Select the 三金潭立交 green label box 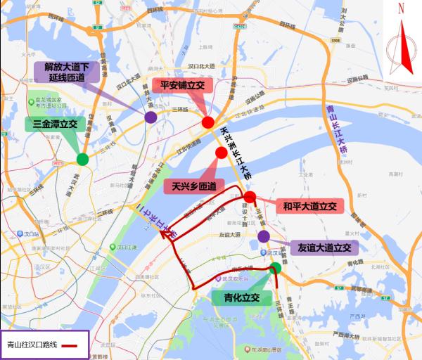pyautogui.click(x=55, y=124)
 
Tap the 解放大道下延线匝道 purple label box pyautogui.click(x=67, y=72)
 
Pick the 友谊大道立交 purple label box pyautogui.click(x=324, y=247)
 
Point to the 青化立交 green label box pyautogui.click(x=237, y=297)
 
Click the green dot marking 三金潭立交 pyautogui.click(x=82, y=159)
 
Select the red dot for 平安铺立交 pyautogui.click(x=208, y=123)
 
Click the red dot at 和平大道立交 pyautogui.click(x=250, y=197)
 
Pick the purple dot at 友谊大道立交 pyautogui.click(x=263, y=236)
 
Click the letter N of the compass pyautogui.click(x=401, y=8)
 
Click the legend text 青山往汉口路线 pyautogui.click(x=31, y=345)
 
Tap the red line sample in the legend pyautogui.click(x=72, y=345)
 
